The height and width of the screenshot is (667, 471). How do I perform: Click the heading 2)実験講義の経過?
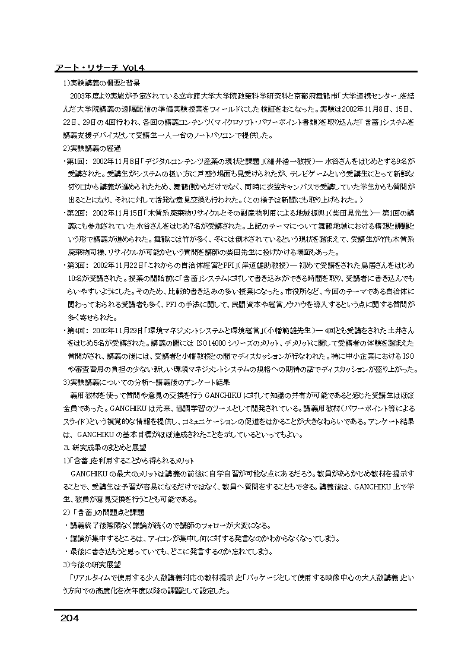click(x=92, y=148)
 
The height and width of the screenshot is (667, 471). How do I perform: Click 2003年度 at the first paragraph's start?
click(x=87, y=96)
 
